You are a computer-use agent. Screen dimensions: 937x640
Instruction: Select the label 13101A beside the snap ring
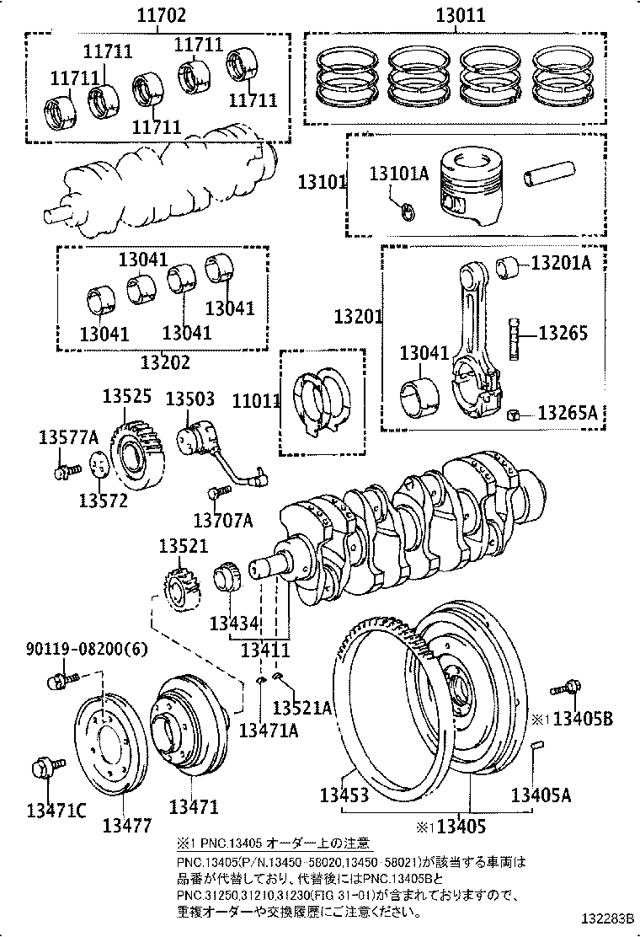398,174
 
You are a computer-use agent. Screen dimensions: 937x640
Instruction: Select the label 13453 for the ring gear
344,795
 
